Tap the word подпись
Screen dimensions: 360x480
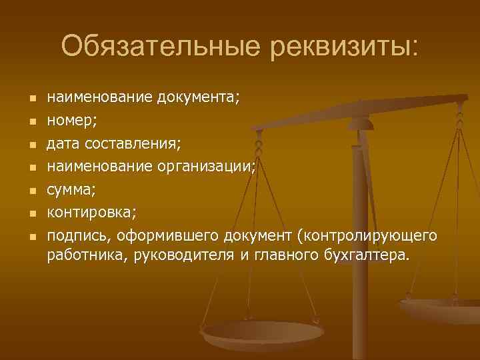[77, 236]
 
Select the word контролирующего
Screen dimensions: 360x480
[369, 236]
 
